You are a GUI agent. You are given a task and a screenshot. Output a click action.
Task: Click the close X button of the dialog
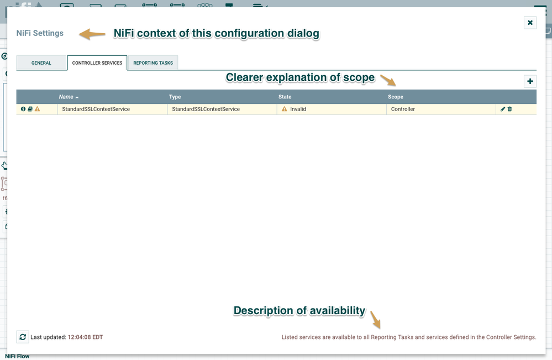tap(530, 23)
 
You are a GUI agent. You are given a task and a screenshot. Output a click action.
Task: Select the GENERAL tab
tap(41, 63)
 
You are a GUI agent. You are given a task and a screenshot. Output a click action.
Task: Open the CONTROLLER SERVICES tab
tap(97, 63)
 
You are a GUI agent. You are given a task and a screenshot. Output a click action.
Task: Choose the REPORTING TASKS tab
tap(153, 63)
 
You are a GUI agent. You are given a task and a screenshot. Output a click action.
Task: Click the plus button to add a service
tap(530, 81)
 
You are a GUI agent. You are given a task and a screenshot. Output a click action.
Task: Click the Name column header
tap(66, 97)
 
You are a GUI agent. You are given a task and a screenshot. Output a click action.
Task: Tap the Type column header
tap(175, 97)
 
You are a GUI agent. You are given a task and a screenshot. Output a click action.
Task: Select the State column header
tap(285, 97)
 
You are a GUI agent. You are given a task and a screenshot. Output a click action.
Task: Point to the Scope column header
tap(396, 97)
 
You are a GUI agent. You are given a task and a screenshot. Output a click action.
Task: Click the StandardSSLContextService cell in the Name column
tap(96, 109)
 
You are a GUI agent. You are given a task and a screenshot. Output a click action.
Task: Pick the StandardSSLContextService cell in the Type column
tap(206, 109)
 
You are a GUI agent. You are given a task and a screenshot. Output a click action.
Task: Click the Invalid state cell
tap(298, 109)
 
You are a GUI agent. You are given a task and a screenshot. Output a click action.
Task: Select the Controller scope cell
tap(403, 109)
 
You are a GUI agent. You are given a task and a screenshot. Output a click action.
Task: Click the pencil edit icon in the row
tap(503, 109)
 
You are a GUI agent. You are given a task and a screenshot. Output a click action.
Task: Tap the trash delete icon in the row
tap(509, 109)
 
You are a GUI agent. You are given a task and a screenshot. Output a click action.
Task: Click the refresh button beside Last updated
tap(23, 336)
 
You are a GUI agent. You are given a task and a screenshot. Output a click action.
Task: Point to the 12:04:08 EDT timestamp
tap(85, 337)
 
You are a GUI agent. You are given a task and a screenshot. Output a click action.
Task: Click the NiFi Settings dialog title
tap(40, 33)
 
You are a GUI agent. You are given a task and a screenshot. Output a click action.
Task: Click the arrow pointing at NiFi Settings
tap(92, 34)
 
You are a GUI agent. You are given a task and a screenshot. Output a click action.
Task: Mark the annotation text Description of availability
tap(299, 311)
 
